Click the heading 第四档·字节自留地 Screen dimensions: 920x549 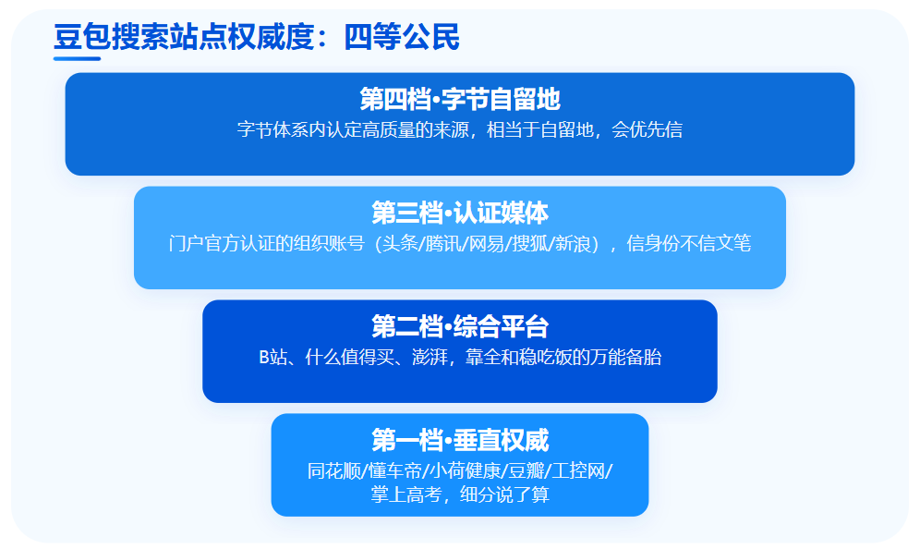(x=460, y=99)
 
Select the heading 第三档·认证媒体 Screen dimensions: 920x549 (x=460, y=213)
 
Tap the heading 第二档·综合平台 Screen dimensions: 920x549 (x=460, y=326)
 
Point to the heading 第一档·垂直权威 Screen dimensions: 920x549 (x=460, y=440)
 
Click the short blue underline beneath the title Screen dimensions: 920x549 (x=77, y=59)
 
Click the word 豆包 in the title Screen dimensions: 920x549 (x=81, y=37)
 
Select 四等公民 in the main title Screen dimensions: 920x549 (x=402, y=37)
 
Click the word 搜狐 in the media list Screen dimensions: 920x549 (x=530, y=243)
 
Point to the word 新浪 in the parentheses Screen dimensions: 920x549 (x=573, y=243)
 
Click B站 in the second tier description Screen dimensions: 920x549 (x=272, y=357)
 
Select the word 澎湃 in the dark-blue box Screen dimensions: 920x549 (x=430, y=357)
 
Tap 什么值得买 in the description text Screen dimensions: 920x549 (x=350, y=357)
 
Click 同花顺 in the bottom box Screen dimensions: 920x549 (x=334, y=471)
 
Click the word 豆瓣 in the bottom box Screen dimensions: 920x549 (x=527, y=471)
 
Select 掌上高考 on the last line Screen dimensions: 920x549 (x=406, y=494)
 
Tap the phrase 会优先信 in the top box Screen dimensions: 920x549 (x=648, y=129)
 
